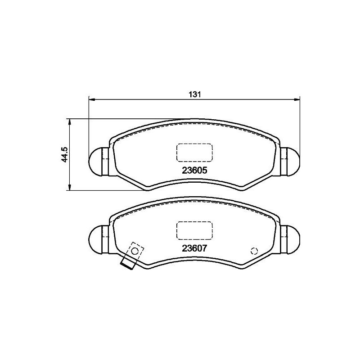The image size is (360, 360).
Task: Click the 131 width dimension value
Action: click(x=194, y=94)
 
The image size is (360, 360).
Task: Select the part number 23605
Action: click(x=194, y=171)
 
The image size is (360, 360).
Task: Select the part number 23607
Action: click(x=194, y=247)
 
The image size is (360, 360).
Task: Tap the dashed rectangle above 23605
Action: click(x=194, y=152)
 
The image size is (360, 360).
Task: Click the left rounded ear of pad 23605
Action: click(x=97, y=161)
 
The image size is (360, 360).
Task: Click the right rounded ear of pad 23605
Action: click(x=292, y=161)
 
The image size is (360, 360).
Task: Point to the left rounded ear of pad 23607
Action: click(x=97, y=238)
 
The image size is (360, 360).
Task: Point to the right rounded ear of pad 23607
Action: click(x=292, y=238)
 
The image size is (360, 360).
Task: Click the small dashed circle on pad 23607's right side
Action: click(x=254, y=251)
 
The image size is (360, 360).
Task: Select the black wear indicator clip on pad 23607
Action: click(x=128, y=265)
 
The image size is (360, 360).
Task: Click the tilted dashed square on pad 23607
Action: click(x=135, y=252)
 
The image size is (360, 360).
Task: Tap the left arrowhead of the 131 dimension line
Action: click(x=91, y=98)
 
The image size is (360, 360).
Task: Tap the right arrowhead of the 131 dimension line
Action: click(x=297, y=98)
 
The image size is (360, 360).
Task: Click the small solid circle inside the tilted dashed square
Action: click(x=134, y=252)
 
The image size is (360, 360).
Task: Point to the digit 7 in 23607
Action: click(x=209, y=247)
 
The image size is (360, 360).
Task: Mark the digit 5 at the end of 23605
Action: click(x=209, y=171)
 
